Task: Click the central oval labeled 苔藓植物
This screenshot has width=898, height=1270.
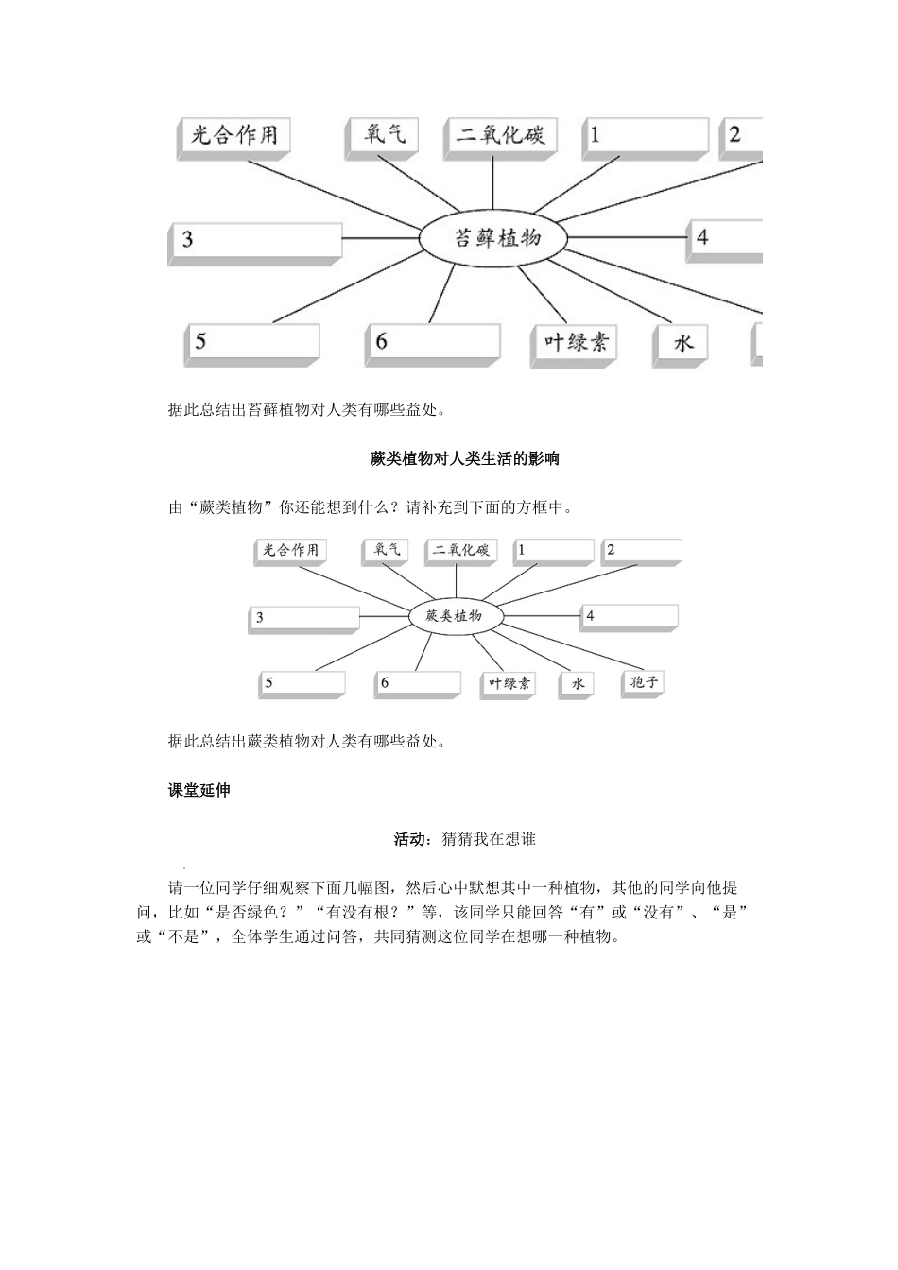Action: pos(492,238)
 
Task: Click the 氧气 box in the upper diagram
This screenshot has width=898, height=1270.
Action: pos(383,134)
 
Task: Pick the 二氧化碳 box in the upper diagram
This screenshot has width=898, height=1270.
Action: pos(500,134)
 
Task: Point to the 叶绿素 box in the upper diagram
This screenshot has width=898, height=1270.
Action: pos(573,342)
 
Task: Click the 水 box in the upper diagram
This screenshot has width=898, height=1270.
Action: pos(682,343)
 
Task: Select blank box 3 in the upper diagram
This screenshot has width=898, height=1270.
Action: pos(255,241)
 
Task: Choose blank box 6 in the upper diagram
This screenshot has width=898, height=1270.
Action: pos(432,342)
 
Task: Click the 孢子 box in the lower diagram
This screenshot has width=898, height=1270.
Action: pos(643,682)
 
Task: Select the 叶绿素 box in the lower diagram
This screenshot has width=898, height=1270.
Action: pos(509,683)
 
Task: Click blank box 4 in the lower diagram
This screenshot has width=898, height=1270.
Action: pos(629,616)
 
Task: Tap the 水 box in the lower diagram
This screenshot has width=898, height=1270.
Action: pos(577,683)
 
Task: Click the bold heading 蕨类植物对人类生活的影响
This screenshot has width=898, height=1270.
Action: pos(464,459)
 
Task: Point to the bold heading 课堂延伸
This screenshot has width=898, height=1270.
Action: pos(199,790)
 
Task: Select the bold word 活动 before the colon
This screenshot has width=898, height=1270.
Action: pos(409,839)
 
